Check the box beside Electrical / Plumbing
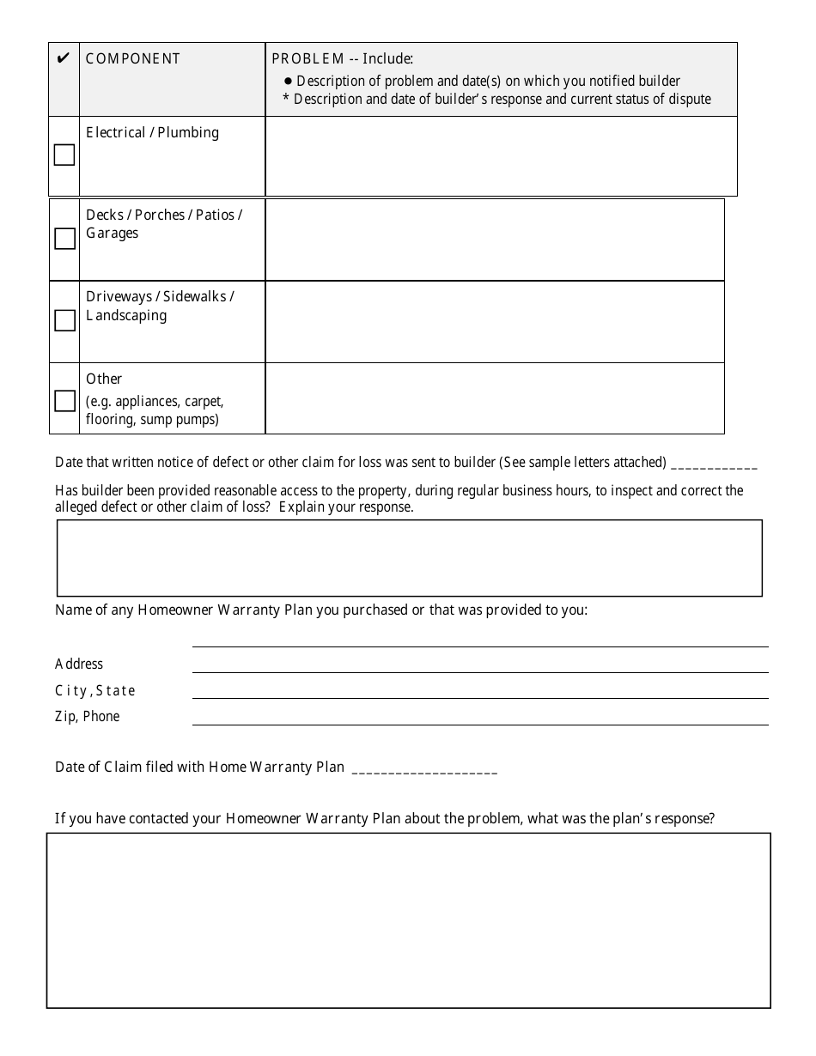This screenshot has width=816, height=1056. (64, 155)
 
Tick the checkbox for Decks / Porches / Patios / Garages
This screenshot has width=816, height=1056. (64, 239)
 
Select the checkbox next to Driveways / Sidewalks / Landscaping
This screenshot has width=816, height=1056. (64, 320)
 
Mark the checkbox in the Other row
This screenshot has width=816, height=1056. (64, 401)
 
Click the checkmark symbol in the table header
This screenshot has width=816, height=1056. (63, 58)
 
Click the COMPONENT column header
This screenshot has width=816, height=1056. (133, 58)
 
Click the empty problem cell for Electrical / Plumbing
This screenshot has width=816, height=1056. (501, 155)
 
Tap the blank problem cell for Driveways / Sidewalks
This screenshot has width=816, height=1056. (494, 321)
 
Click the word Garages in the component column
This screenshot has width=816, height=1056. (112, 234)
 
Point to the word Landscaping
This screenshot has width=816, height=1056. (126, 315)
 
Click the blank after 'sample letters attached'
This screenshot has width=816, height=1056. (713, 464)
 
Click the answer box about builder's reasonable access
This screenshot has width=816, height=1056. (409, 557)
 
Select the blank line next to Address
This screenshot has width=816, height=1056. (479, 664)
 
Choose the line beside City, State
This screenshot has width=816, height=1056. (479, 689)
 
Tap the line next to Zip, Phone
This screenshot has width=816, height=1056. (479, 716)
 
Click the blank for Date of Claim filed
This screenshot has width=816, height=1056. (424, 768)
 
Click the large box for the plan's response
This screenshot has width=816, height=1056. (408, 919)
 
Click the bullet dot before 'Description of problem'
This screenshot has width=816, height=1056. (289, 81)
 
